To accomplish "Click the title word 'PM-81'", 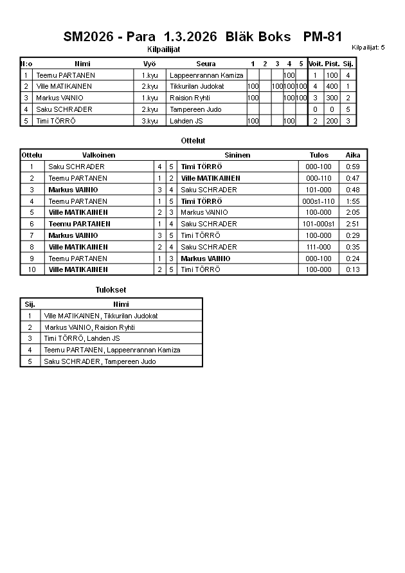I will [322, 37].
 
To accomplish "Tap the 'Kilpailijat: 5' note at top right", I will [368, 48].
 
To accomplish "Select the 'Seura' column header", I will [206, 64].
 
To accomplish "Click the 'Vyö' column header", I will [150, 64].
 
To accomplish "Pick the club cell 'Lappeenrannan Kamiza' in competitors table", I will [206, 75].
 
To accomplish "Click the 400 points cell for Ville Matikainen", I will [332, 86].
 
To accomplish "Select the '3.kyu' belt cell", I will [150, 121].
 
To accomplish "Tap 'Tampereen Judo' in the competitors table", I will [195, 109].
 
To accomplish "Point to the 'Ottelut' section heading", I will [194, 140].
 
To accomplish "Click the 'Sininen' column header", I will [237, 155].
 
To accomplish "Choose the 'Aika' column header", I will [353, 155].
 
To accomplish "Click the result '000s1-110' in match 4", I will [319, 201].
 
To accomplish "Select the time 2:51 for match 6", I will [353, 224].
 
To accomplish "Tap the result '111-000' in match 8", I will [319, 247].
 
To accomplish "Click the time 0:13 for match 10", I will [353, 269].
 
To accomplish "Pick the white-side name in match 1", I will [76, 167].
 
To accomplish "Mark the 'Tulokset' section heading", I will [111, 290].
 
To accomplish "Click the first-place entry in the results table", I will [101, 316].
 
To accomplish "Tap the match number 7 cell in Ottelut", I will [32, 235].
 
